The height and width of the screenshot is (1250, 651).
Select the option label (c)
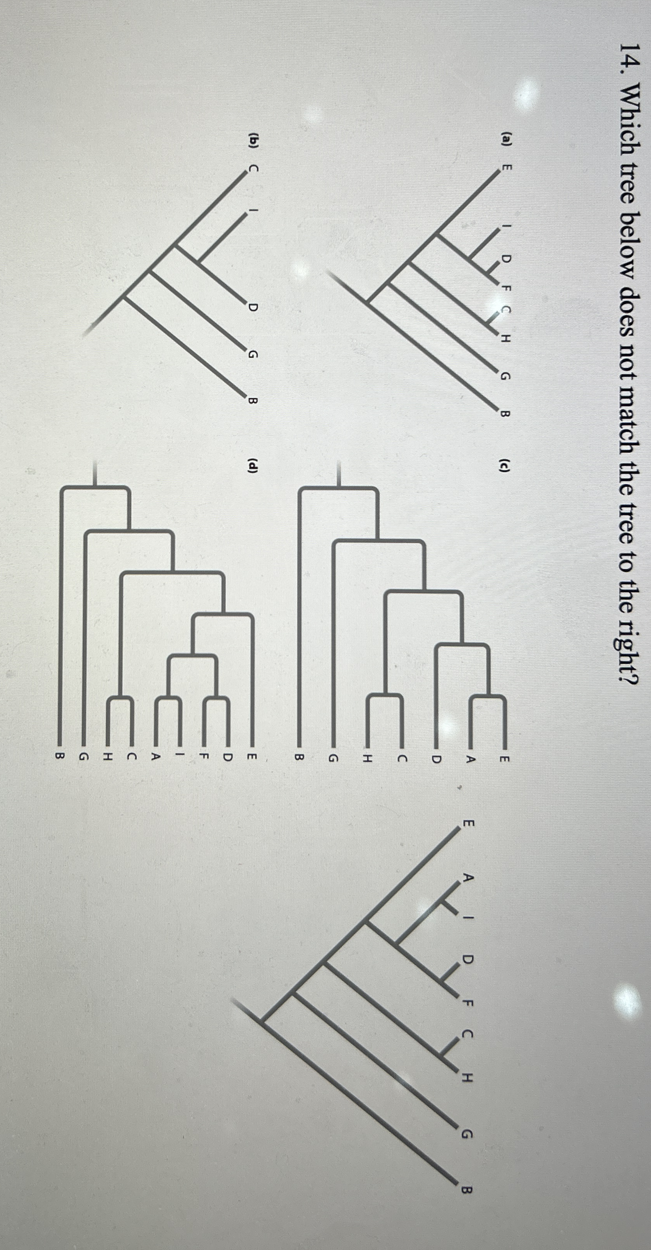[505, 466]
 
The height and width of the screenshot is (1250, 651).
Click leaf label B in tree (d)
[60, 755]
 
